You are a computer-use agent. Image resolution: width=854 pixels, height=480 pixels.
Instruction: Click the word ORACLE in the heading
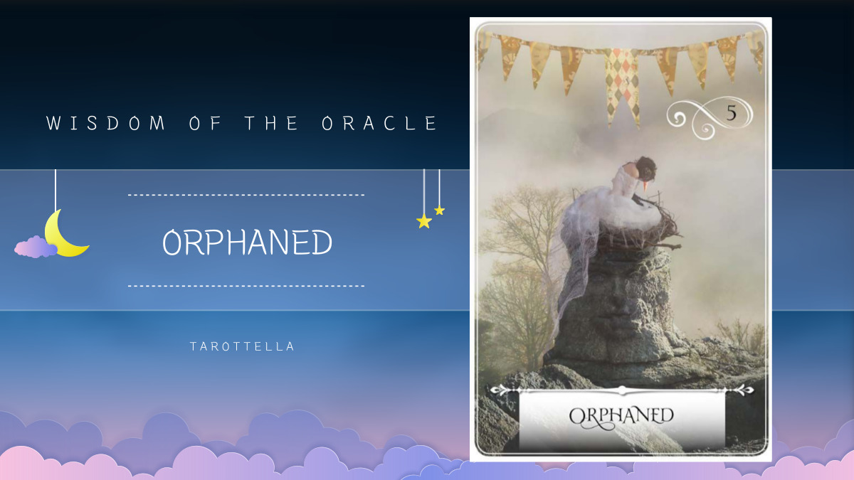point(380,123)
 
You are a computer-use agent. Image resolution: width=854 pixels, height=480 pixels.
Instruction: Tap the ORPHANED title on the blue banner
point(247,243)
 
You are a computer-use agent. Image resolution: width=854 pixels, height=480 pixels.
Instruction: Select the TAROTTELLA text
point(242,347)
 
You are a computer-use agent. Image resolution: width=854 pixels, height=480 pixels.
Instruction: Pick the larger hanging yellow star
point(424,221)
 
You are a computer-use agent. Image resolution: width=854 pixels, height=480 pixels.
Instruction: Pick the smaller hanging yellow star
point(440,210)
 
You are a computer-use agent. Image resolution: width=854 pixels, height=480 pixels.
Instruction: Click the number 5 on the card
point(731,112)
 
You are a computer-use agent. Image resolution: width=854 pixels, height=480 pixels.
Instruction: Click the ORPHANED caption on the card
point(621,415)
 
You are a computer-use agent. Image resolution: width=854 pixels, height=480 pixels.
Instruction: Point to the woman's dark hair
point(647,168)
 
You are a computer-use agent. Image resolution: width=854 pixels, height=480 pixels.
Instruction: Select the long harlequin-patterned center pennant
point(621,82)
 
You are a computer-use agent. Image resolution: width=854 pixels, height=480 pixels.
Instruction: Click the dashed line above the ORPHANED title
point(246,194)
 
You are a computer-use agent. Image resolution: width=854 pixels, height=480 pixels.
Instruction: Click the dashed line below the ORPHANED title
point(246,286)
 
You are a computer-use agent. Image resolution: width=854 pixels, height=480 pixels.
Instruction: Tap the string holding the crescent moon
point(56,188)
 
